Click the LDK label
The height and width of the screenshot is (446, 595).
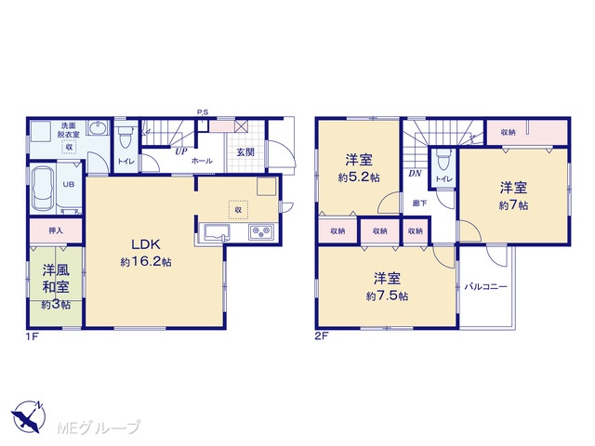pyautogui.click(x=146, y=244)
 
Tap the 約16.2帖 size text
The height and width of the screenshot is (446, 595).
pyautogui.click(x=146, y=262)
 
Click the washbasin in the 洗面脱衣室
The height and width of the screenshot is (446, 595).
pyautogui.click(x=99, y=128)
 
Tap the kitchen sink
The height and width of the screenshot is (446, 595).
pyautogui.click(x=218, y=232)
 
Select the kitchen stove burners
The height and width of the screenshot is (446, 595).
pyautogui.click(x=261, y=231)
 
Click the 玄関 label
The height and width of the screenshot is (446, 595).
pyautogui.click(x=245, y=152)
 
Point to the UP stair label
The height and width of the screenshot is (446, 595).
pyautogui.click(x=181, y=151)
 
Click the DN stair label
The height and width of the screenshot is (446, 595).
pyautogui.click(x=416, y=174)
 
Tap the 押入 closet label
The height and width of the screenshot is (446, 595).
pyautogui.click(x=56, y=230)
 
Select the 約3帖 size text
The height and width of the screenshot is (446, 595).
pyautogui.click(x=56, y=305)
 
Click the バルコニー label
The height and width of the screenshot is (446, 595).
pyautogui.click(x=486, y=287)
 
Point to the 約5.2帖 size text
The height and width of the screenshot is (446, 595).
pyautogui.click(x=359, y=177)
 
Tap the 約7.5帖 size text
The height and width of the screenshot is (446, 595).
pyautogui.click(x=387, y=295)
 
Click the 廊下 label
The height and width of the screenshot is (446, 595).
pyautogui.click(x=419, y=203)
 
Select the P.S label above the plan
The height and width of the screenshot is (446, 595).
pyautogui.click(x=203, y=112)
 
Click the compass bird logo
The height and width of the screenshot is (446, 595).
pyautogui.click(x=29, y=416)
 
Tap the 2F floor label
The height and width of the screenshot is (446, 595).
pyautogui.click(x=321, y=336)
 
